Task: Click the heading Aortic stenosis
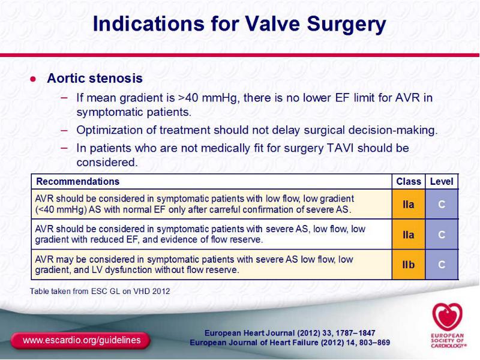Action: (x=95, y=78)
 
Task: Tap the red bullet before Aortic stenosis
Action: (x=33, y=79)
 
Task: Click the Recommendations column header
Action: (x=78, y=182)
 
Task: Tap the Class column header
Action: (x=409, y=182)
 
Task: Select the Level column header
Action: (x=442, y=182)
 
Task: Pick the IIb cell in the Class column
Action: (x=409, y=265)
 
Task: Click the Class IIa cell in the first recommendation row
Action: (x=409, y=204)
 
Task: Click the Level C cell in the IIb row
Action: (x=442, y=265)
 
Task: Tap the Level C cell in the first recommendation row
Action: (x=442, y=204)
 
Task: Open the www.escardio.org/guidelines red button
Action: (x=81, y=340)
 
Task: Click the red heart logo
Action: (x=447, y=317)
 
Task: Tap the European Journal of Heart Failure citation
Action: (x=290, y=342)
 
